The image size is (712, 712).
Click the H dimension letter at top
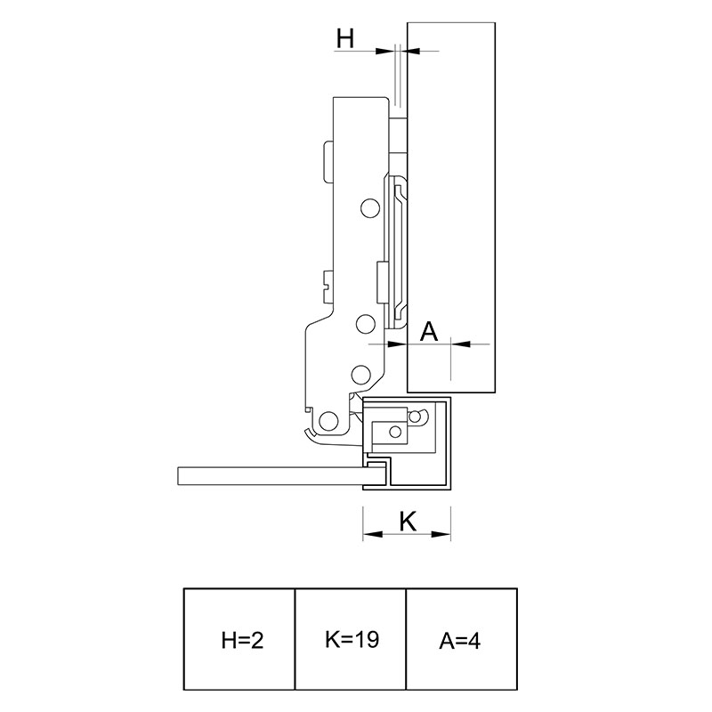pos(345,38)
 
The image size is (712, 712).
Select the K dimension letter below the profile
pos(408,522)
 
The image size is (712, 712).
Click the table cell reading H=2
pos(239,639)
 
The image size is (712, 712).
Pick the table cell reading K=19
pos(350,639)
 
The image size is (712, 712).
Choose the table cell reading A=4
pos(461,639)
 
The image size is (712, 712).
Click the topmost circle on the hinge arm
pos(369,208)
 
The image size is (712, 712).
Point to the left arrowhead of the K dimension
pos(372,535)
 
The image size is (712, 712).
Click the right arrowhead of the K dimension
pos(441,535)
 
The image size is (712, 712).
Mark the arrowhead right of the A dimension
pos(460,344)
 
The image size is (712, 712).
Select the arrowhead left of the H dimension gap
pos(384,51)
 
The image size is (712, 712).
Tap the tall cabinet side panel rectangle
pos(451,207)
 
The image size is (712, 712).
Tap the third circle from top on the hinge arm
pos(360,373)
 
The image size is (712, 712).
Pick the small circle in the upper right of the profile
pos(415,416)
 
